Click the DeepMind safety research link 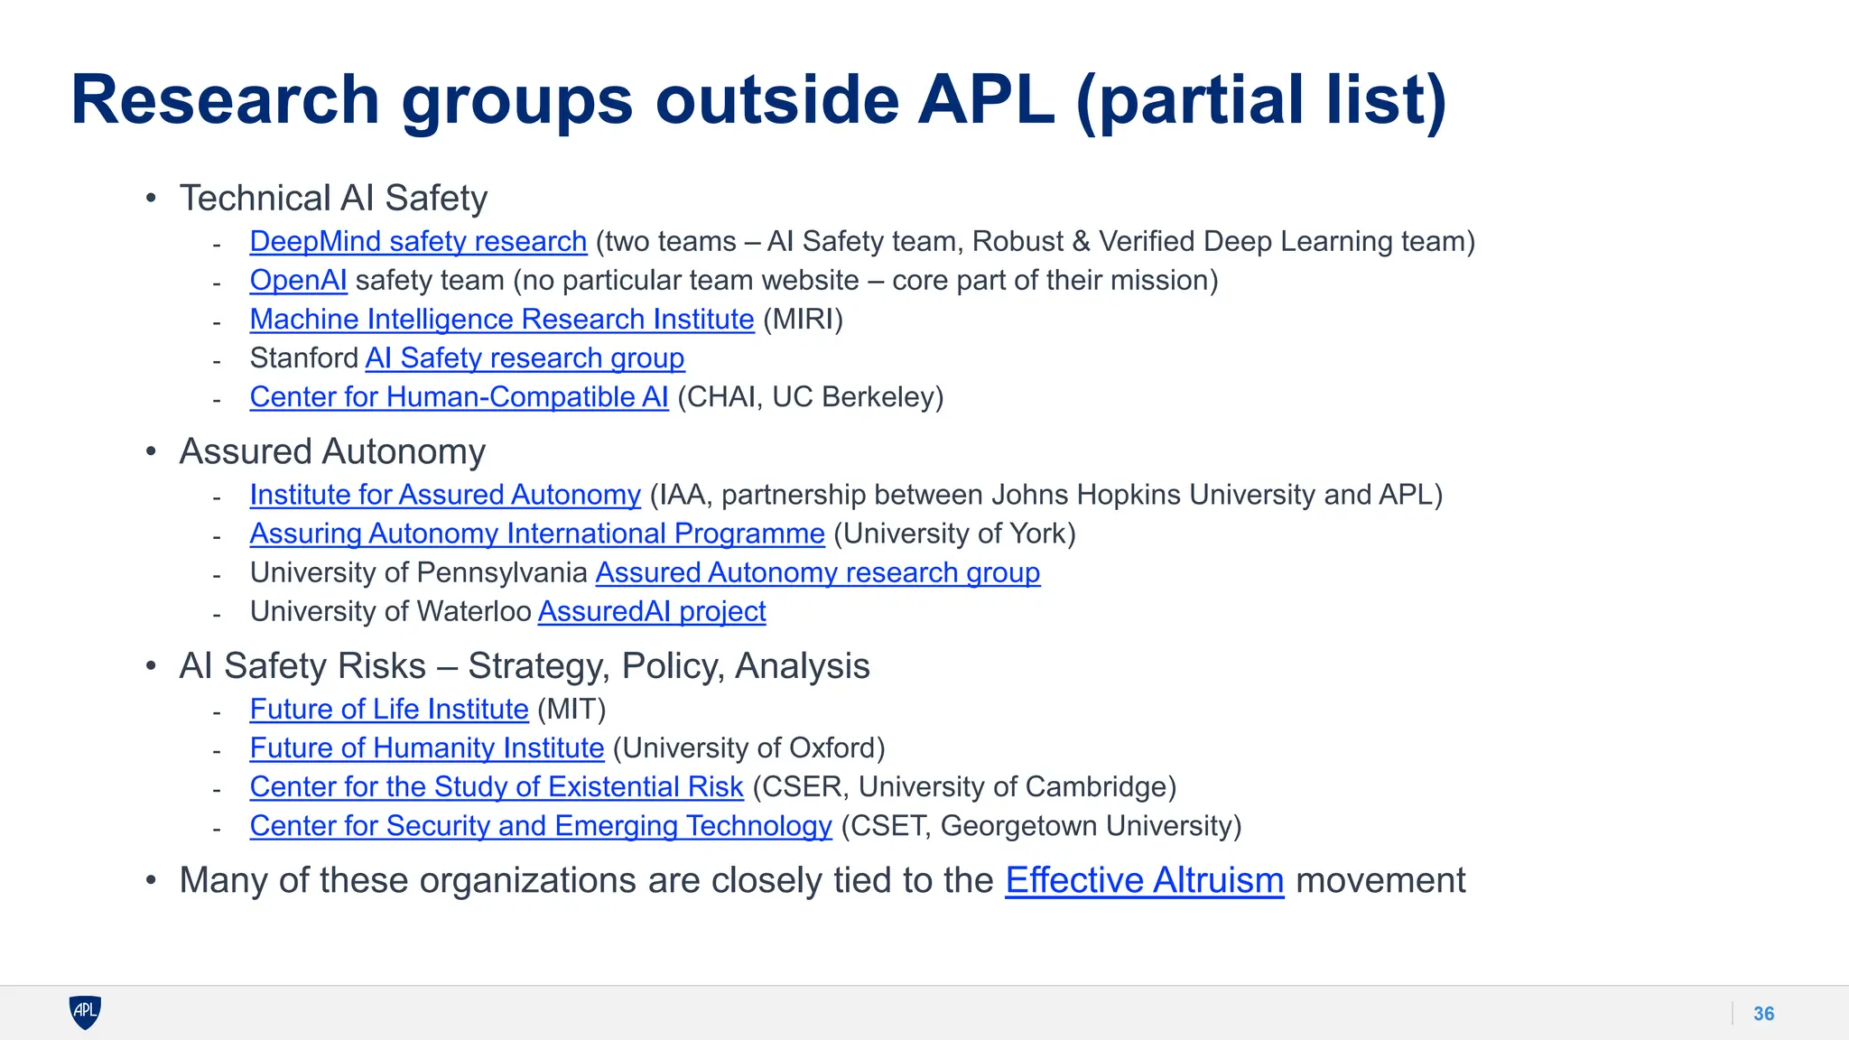[x=418, y=242]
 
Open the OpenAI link [x=298, y=281]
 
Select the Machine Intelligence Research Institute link [x=502, y=320]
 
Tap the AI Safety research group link [x=525, y=358]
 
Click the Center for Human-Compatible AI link [x=459, y=397]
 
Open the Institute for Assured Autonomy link [x=445, y=495]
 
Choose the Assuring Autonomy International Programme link [x=537, y=534]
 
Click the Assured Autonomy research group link [x=817, y=572]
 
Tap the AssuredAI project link [x=652, y=611]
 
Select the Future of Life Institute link [x=389, y=710]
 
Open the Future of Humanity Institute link [x=427, y=748]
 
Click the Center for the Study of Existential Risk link [x=497, y=787]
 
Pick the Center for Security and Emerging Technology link [x=541, y=826]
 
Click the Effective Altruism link [x=1144, y=880]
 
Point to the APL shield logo [x=85, y=1012]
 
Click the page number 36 [x=1763, y=1014]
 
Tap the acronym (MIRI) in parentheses [x=803, y=320]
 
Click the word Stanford [x=304, y=358]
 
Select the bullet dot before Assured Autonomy [x=151, y=451]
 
